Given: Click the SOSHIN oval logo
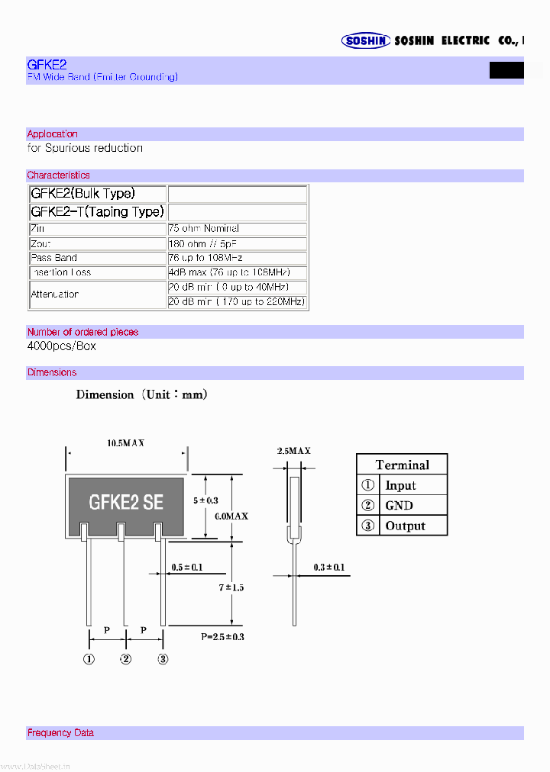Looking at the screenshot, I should (366, 41).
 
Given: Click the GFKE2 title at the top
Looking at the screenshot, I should (47, 66).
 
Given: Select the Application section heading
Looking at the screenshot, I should (53, 134).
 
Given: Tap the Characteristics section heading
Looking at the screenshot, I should (59, 175).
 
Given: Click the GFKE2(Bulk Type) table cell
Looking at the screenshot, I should (86, 194).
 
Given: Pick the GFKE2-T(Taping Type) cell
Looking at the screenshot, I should (97, 212).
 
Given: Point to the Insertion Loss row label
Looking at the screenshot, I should (61, 272).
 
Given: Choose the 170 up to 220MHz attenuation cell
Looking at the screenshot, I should (237, 302).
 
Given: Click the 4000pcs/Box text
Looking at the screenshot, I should (62, 346).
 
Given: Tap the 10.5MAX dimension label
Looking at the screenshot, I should (126, 443).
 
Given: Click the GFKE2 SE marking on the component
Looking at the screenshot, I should (126, 502).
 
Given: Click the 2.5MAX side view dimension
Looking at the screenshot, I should (293, 451).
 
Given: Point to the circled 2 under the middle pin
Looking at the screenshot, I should (126, 660).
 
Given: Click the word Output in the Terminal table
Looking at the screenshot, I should (405, 526).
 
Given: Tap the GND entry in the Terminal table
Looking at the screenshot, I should (399, 505).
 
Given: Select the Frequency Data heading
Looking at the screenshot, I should (61, 733).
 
